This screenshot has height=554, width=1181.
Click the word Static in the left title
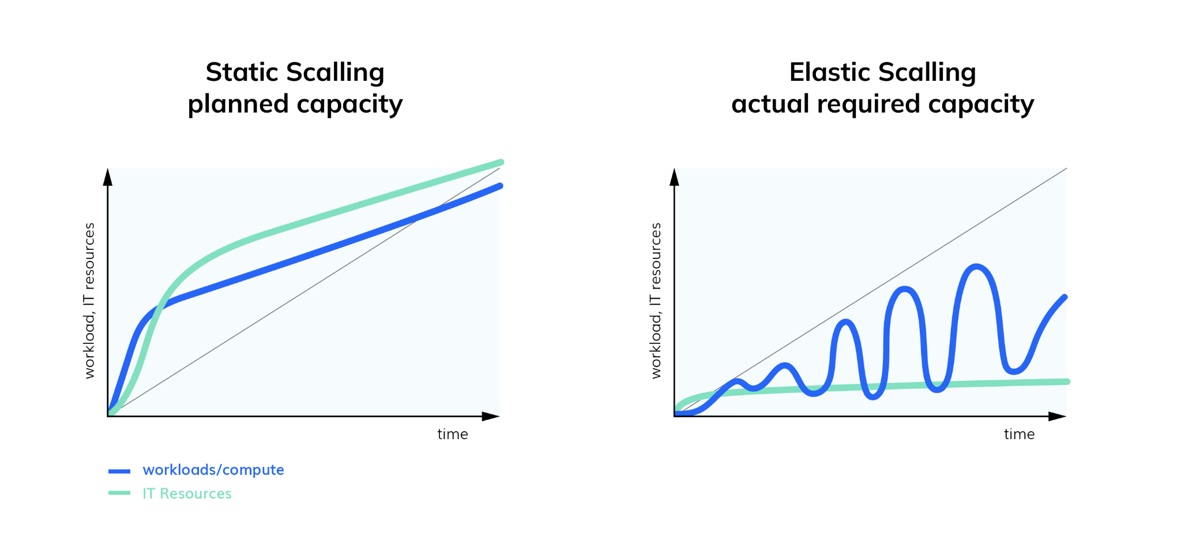pos(242,73)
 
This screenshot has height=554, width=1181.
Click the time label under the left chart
pos(452,435)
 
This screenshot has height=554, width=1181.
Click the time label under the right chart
pos(1019,435)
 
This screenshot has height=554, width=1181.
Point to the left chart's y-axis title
pos(89,300)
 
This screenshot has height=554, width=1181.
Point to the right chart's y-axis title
pos(656,300)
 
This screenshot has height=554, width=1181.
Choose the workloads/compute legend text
pos(213,470)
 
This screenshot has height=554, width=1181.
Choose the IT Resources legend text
pos(187,494)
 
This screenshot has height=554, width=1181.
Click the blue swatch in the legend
pos(119,471)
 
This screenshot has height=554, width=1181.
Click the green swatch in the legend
pos(119,493)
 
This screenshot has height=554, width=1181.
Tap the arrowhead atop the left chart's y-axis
pos(107,177)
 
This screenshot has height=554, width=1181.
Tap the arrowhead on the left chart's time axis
pos(490,416)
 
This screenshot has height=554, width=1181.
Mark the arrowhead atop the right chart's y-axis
pos(674,177)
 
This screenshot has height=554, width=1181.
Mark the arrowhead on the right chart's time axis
pos(1057,416)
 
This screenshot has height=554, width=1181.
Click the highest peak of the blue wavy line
pos(976,267)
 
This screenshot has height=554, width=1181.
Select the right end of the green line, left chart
pos(501,163)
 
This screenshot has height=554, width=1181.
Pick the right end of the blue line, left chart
pos(500,186)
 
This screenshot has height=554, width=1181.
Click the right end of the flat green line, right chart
pos(1067,381)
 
